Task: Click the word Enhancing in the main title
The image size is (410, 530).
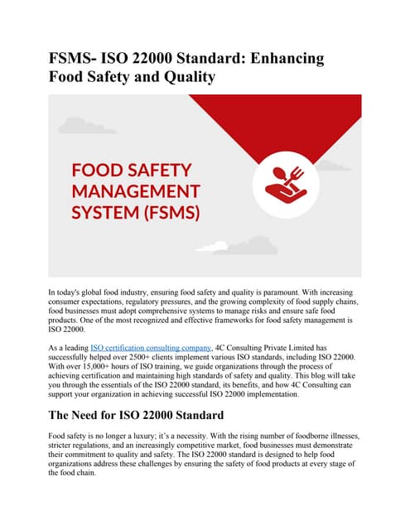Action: pos(276,59)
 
